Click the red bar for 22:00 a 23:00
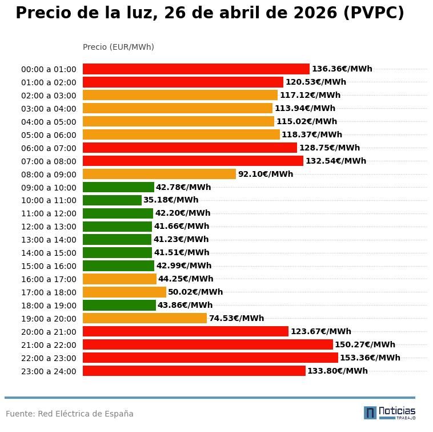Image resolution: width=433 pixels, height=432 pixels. pyautogui.click(x=210, y=358)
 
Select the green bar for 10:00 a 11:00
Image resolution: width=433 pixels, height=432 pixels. pyautogui.click(x=112, y=200)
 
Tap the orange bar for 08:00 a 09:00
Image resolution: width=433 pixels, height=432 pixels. pyautogui.click(x=159, y=174)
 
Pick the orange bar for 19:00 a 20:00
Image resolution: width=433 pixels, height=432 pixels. pyautogui.click(x=145, y=318)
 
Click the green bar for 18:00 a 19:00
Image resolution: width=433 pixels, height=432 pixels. pyautogui.click(x=119, y=305)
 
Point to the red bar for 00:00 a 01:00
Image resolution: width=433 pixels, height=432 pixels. pyautogui.click(x=196, y=69)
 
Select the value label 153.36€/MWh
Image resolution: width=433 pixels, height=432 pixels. pyautogui.click(x=370, y=358)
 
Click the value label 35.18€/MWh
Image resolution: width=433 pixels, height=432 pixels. pyautogui.click(x=171, y=200)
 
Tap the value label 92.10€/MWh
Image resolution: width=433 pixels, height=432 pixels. pyautogui.click(x=265, y=174)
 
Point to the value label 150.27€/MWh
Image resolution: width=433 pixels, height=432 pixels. pyautogui.click(x=364, y=344)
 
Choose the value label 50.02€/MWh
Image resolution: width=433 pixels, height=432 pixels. pyautogui.click(x=195, y=292)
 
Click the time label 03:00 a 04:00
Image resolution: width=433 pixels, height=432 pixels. pyautogui.click(x=49, y=109)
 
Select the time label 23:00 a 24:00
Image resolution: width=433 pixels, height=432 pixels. pyautogui.click(x=49, y=371)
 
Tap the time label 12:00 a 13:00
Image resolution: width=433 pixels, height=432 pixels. pyautogui.click(x=49, y=227)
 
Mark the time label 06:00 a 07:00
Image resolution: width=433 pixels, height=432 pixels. pyautogui.click(x=49, y=148)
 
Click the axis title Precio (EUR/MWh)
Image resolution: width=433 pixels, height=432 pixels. pyautogui.click(x=118, y=47)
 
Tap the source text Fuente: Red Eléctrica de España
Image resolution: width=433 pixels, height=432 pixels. pyautogui.click(x=70, y=414)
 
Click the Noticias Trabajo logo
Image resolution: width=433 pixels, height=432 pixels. pyautogui.click(x=390, y=413)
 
